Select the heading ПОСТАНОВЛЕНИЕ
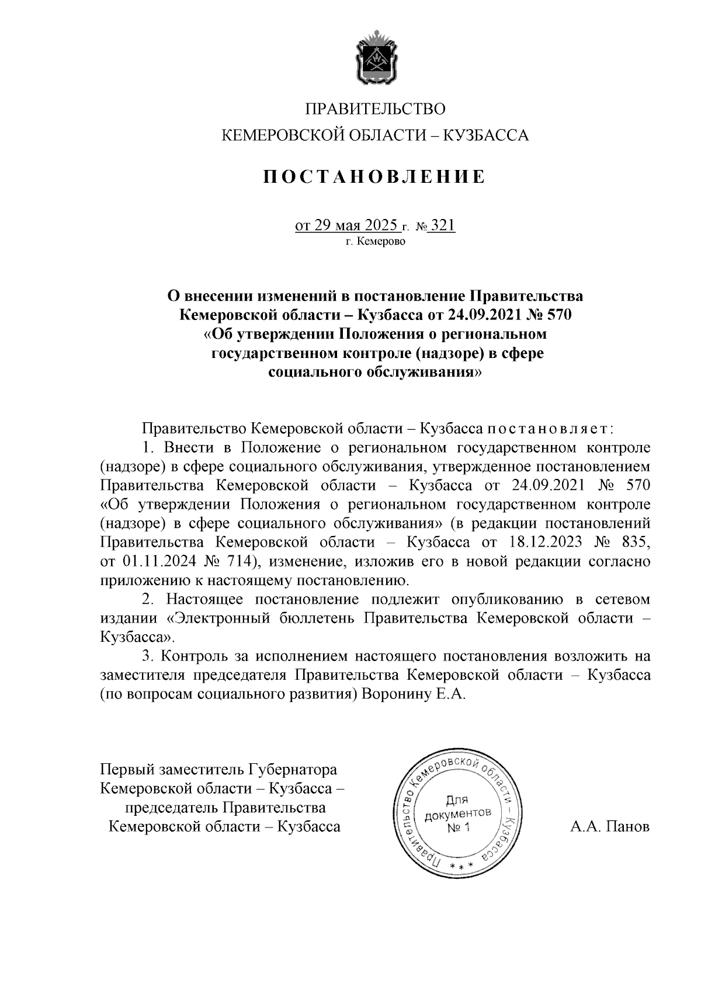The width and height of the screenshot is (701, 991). pyautogui.click(x=374, y=177)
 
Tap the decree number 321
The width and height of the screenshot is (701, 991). pyautogui.click(x=442, y=225)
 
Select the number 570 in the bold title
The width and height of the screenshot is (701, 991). pyautogui.click(x=555, y=315)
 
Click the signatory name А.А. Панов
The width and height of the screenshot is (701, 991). pyautogui.click(x=610, y=827)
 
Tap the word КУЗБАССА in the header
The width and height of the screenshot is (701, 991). pyautogui.click(x=487, y=136)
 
